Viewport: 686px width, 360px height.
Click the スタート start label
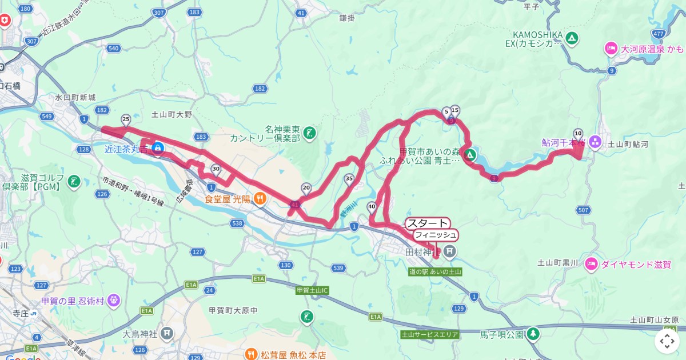(x=428, y=223)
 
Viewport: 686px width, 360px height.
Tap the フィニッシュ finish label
(x=436, y=235)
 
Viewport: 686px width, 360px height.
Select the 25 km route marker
(x=126, y=119)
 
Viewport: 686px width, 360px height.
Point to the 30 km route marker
(x=216, y=169)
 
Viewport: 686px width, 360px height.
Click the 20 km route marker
(x=306, y=187)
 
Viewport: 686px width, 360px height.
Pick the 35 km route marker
(x=349, y=179)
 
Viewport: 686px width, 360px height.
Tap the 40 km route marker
(x=372, y=207)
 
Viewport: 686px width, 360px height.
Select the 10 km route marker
(x=578, y=133)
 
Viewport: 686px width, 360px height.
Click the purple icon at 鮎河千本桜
(x=595, y=141)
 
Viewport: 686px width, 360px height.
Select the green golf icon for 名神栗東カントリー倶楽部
(x=309, y=133)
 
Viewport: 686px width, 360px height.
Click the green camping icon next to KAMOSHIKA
(x=571, y=39)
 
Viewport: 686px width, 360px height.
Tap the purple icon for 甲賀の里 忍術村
(x=113, y=299)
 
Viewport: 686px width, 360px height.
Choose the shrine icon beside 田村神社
(x=450, y=251)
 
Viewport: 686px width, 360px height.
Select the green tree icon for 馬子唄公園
(x=533, y=333)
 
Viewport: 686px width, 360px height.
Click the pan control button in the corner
(x=667, y=341)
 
